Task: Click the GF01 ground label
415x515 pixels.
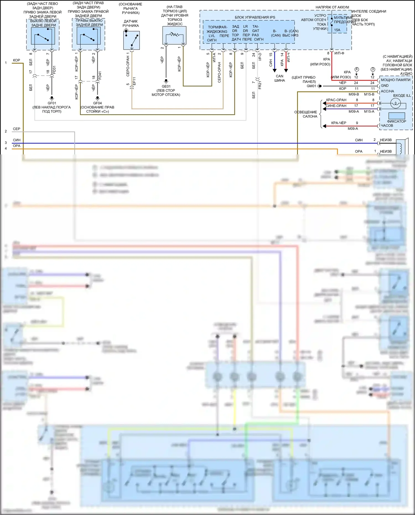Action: [52, 103]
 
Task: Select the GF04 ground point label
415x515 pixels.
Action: [97, 103]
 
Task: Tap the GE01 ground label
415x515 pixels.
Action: [166, 86]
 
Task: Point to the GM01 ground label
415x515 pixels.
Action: [311, 86]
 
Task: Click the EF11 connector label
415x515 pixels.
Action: [134, 81]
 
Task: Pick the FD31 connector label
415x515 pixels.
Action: [54, 70]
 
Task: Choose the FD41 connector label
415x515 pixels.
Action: [100, 75]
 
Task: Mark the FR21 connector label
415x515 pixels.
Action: [260, 85]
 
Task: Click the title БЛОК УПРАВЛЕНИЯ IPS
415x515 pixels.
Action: [255, 17]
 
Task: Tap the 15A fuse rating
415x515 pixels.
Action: [337, 30]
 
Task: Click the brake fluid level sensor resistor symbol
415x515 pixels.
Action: [174, 35]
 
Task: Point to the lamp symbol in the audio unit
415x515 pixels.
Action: [395, 103]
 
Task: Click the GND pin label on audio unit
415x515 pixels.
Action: [385, 86]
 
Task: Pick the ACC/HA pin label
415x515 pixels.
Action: [387, 91]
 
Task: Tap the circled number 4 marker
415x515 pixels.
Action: [357, 69]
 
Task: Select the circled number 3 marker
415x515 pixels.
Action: [373, 69]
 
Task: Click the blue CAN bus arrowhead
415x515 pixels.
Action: [274, 71]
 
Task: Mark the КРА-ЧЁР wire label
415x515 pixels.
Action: [338, 123]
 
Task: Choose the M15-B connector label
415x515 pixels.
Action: [369, 94]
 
